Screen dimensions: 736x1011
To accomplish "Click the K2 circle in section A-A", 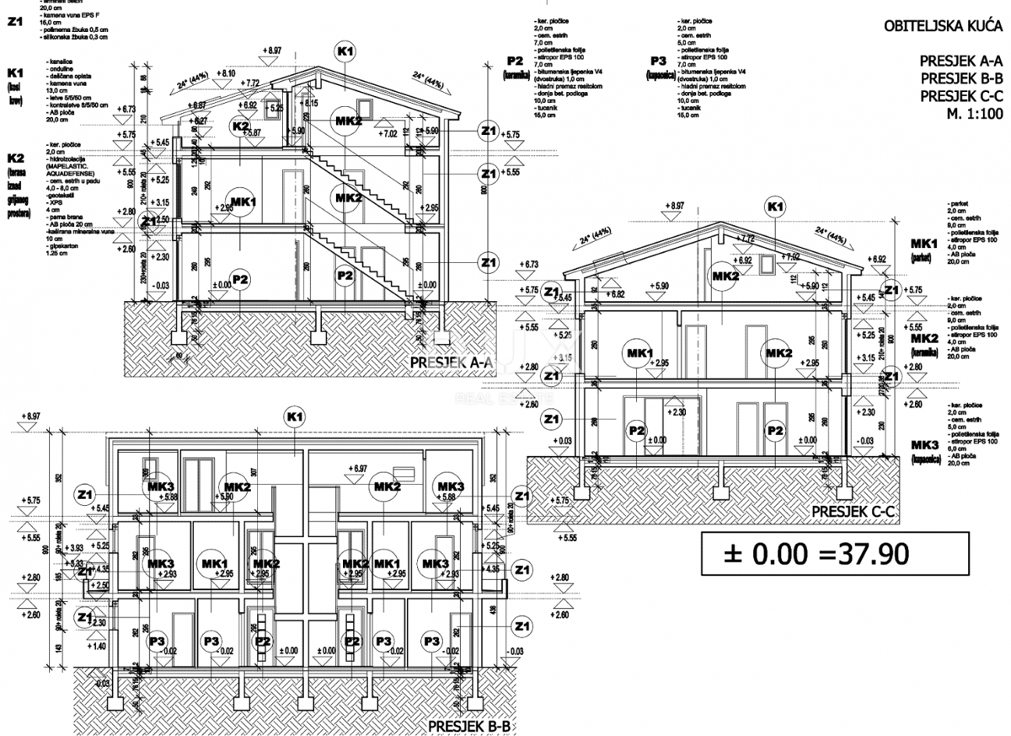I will tap(240, 126).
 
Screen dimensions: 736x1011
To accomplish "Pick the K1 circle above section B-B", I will tap(294, 417).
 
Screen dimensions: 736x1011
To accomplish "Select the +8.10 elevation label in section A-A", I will tap(225, 74).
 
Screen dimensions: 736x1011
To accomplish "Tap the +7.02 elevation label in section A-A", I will tap(388, 133).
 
